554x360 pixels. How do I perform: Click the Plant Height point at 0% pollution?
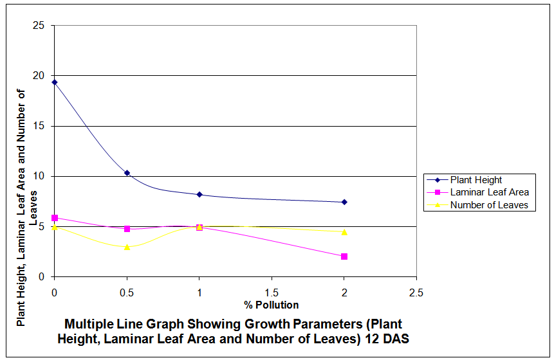point(55,82)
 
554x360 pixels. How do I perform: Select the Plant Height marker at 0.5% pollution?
point(127,173)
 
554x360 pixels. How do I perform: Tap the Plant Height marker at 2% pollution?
point(344,202)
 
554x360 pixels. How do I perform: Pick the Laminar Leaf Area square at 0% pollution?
point(55,218)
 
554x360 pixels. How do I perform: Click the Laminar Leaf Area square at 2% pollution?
point(344,256)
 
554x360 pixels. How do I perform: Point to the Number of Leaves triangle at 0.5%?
point(127,247)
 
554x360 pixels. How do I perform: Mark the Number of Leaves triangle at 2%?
point(344,232)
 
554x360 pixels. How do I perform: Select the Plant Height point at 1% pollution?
point(199,194)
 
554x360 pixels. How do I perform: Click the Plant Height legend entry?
point(476,180)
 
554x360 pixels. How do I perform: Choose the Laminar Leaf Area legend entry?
point(489,192)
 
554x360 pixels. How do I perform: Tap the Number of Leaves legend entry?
point(489,205)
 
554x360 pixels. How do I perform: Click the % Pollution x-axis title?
point(271,305)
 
